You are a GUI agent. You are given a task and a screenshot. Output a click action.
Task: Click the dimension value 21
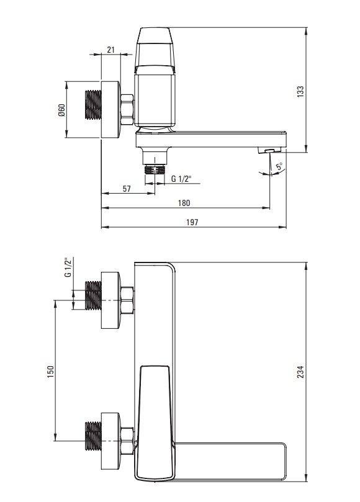110,50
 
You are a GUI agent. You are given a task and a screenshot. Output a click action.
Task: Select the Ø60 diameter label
61,110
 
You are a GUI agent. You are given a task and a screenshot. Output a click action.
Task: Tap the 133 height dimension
300,92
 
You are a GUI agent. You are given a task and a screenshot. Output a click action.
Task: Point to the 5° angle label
279,166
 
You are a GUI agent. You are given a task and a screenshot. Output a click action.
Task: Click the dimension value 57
127,189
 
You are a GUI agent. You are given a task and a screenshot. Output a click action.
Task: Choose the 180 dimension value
184,203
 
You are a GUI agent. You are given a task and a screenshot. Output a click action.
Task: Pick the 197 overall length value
192,222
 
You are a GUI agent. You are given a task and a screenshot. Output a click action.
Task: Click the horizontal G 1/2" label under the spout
181,179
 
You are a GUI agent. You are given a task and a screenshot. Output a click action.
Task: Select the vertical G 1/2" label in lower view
68,267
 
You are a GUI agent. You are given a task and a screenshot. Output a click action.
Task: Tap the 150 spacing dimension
51,372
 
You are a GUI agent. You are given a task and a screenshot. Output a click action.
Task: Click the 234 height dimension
300,372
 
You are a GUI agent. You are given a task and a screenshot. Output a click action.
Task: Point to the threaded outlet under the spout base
155,169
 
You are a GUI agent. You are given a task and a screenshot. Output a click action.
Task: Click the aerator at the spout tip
270,150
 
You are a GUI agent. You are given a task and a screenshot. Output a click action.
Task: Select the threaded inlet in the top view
94,105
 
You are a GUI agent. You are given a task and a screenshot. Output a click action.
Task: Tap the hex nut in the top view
127,109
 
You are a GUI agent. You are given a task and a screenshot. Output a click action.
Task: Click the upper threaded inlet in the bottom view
94,295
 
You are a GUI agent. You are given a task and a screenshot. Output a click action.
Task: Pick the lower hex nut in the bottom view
127,440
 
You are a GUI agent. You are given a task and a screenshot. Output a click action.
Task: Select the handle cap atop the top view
155,47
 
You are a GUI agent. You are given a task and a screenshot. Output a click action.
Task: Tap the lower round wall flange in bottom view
111,441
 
